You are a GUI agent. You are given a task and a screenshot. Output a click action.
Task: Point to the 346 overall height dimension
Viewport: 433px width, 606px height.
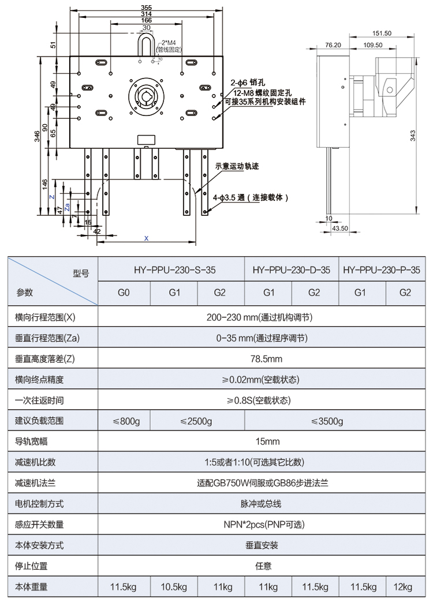click(38, 137)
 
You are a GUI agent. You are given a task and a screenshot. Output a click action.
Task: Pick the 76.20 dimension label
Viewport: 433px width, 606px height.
click(333, 44)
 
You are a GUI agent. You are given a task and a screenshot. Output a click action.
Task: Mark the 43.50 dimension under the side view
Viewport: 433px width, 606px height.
click(340, 229)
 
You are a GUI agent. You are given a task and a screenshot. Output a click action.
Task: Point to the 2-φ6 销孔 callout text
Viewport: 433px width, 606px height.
click(247, 83)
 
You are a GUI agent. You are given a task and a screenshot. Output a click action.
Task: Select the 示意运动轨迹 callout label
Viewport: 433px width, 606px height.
click(237, 166)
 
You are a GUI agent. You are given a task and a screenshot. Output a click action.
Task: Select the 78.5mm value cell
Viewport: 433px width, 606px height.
click(266, 359)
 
